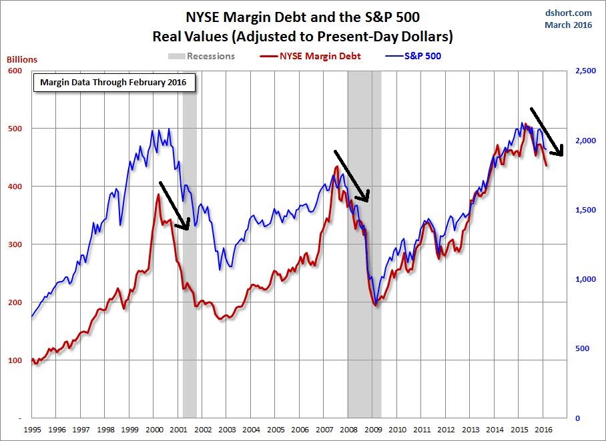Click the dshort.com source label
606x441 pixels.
(x=568, y=13)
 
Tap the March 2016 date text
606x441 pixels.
(x=568, y=25)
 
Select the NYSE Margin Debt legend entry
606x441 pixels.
(x=310, y=56)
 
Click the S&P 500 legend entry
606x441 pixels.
(x=413, y=56)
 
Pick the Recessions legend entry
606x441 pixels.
(x=202, y=56)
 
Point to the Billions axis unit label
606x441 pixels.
(x=22, y=59)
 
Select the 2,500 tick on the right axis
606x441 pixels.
(x=586, y=71)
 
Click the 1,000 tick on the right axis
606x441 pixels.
(x=586, y=279)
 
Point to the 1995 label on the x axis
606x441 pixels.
(x=32, y=430)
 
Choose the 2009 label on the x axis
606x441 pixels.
(x=373, y=430)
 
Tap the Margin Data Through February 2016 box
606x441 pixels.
(x=114, y=82)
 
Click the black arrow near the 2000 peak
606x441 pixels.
(x=174, y=206)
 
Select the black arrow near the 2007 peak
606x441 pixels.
(x=352, y=176)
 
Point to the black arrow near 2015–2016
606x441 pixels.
(x=547, y=131)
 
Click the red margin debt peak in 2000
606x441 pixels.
(x=158, y=194)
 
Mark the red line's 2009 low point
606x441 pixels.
(x=375, y=306)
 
